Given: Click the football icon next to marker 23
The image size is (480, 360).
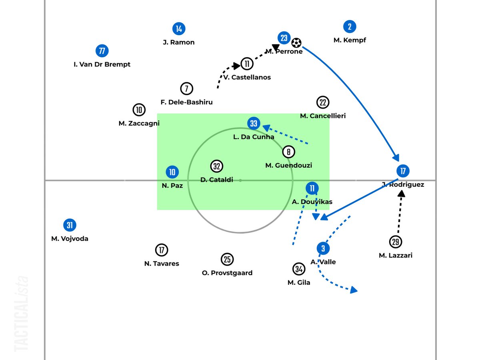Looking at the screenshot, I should click(x=296, y=42).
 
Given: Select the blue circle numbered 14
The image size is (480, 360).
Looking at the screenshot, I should click(x=179, y=29).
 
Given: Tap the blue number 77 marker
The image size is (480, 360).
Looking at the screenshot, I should click(x=102, y=51).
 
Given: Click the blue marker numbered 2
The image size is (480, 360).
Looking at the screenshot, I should click(x=350, y=27).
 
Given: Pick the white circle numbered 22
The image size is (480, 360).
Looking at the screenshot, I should click(x=322, y=102).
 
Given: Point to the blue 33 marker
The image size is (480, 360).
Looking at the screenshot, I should click(x=254, y=123).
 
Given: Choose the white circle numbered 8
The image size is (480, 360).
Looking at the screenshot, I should click(x=288, y=152).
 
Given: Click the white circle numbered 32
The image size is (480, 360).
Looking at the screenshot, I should click(x=217, y=166).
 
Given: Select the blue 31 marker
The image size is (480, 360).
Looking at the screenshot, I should click(x=70, y=225).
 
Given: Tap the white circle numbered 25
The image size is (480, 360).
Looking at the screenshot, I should click(x=227, y=260).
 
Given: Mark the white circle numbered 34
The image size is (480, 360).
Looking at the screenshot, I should click(x=298, y=269).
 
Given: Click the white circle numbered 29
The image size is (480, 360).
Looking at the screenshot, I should click(x=395, y=242).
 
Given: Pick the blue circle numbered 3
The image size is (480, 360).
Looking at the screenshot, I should click(x=323, y=249).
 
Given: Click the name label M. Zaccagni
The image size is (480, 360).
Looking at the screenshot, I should click(x=139, y=124).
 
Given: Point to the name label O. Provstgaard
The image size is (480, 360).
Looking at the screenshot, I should click(x=227, y=273).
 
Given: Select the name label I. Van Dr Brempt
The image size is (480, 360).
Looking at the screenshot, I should click(x=102, y=64).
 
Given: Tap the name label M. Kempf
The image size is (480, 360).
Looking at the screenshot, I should click(x=350, y=40).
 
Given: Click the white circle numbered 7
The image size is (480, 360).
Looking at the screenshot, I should click(x=186, y=88).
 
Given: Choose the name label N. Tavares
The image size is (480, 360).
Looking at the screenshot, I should click(x=162, y=264).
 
